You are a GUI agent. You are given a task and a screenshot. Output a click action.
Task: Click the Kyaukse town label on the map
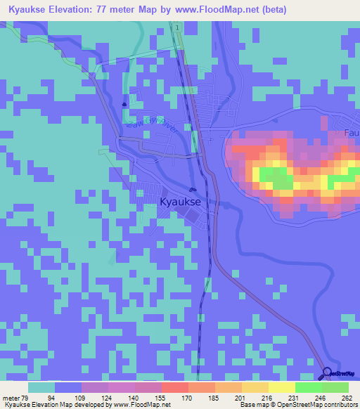(x=181, y=202)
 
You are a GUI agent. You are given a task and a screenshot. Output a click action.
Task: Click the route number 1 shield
(x=178, y=27)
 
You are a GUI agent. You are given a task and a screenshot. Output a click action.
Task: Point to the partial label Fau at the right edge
(x=352, y=133)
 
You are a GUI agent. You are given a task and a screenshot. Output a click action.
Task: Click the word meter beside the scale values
(x=9, y=397)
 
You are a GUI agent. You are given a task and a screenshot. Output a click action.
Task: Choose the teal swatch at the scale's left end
(x=41, y=387)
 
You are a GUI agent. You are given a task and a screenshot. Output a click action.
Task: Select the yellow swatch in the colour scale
(x=281, y=387)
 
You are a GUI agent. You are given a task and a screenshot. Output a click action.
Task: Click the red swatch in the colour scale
(x=174, y=387)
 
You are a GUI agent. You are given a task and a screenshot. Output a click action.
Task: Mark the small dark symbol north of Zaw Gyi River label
(x=124, y=105)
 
